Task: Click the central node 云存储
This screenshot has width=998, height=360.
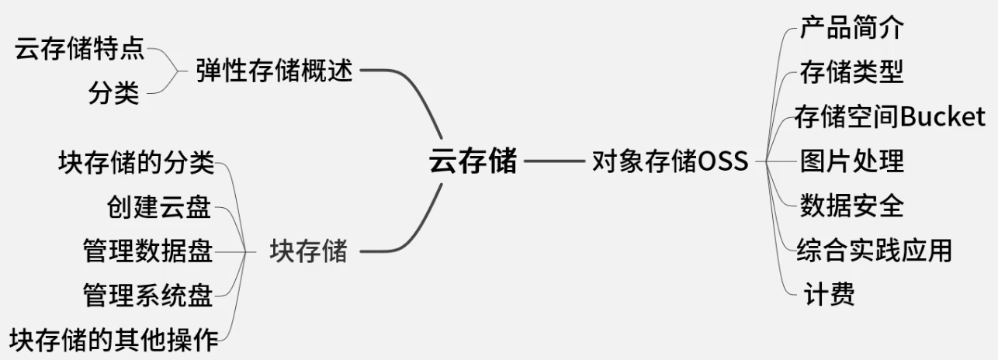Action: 473,162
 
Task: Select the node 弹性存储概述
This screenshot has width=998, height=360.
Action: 275,72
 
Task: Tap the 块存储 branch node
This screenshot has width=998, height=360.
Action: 308,251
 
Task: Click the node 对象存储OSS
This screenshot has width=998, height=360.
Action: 670,162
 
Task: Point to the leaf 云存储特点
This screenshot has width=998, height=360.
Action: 79,50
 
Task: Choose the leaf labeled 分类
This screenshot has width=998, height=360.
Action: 113,94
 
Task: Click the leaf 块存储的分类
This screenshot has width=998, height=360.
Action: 136,164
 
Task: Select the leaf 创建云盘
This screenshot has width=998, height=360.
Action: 159,207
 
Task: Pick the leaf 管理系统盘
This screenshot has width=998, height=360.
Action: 147,295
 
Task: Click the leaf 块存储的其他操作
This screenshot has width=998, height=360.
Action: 114,339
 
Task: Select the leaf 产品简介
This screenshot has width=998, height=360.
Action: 851,29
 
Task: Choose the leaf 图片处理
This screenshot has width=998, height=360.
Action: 851,162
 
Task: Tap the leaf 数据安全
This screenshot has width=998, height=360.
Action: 851,206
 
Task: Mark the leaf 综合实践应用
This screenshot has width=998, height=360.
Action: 874,251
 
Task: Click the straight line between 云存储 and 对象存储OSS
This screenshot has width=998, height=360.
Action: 553,162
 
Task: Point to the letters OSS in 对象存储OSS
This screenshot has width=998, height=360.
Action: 723,162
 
